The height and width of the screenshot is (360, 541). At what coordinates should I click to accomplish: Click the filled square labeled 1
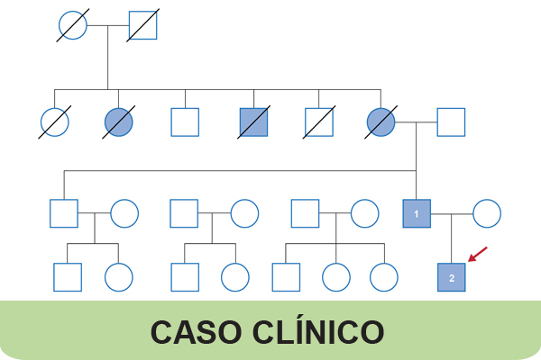click(x=416, y=213)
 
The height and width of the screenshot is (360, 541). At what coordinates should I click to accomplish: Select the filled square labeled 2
click(x=452, y=278)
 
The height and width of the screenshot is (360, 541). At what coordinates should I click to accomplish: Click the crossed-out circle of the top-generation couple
click(x=73, y=26)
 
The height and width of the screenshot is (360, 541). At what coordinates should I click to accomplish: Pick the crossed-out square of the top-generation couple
click(x=142, y=26)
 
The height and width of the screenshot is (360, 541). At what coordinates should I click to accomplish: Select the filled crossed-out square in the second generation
click(x=254, y=121)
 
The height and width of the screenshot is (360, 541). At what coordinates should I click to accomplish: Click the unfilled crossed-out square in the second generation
click(x=318, y=121)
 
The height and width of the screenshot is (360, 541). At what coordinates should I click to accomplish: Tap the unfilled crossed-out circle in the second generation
click(x=55, y=121)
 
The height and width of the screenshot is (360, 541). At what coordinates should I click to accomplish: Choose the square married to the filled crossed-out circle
click(x=451, y=121)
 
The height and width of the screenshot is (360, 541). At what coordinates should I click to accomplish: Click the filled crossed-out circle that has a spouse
click(x=382, y=121)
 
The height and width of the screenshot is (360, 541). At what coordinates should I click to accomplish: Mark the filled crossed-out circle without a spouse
click(x=119, y=121)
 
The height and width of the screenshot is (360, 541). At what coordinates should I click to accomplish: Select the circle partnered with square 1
click(x=487, y=213)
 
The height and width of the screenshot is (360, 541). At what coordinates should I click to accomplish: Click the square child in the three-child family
click(x=286, y=277)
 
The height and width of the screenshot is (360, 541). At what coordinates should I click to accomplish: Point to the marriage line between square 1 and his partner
click(x=451, y=213)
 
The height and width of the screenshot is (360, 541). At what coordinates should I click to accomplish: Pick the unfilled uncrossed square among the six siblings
click(x=185, y=121)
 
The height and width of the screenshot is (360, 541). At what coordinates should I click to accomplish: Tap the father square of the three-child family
click(x=306, y=213)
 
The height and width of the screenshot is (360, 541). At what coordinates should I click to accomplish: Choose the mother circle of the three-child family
click(x=364, y=213)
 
